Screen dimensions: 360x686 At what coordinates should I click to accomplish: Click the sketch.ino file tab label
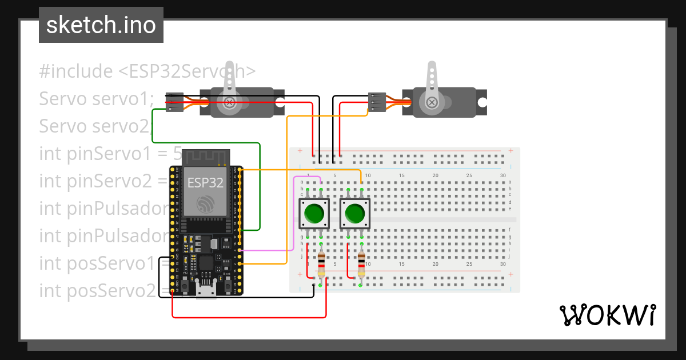point(101,25)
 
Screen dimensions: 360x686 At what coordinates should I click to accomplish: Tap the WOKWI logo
point(607,315)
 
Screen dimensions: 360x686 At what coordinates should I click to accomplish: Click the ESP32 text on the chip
point(205,183)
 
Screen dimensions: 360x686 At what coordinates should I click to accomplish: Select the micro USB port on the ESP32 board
point(206,290)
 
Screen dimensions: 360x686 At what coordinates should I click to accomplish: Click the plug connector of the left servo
point(174,102)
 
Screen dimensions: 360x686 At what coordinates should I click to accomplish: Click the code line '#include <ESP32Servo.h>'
point(147,71)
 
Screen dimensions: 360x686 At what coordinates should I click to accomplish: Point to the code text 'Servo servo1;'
point(97,99)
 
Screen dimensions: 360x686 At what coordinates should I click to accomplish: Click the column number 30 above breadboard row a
point(502,175)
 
